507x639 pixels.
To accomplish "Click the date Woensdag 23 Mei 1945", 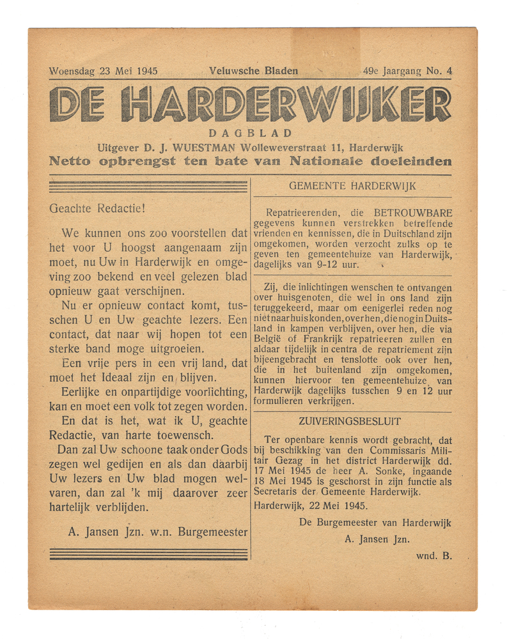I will click(103, 71).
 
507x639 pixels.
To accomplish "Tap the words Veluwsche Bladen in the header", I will click(253, 71).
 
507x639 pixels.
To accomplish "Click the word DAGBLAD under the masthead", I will click(250, 134).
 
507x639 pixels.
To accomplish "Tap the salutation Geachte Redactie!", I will click(97, 208).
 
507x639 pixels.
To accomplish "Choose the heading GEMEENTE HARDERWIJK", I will click(352, 186).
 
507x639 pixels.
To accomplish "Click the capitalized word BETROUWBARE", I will click(413, 213).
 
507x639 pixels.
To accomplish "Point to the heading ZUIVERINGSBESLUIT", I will click(350, 421).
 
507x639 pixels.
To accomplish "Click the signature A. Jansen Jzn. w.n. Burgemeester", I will click(157, 530).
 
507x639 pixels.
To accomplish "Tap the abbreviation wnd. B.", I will click(433, 555).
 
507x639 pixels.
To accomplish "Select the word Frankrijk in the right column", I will click(343, 339).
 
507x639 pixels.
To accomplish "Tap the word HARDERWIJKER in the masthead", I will click(286, 105).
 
